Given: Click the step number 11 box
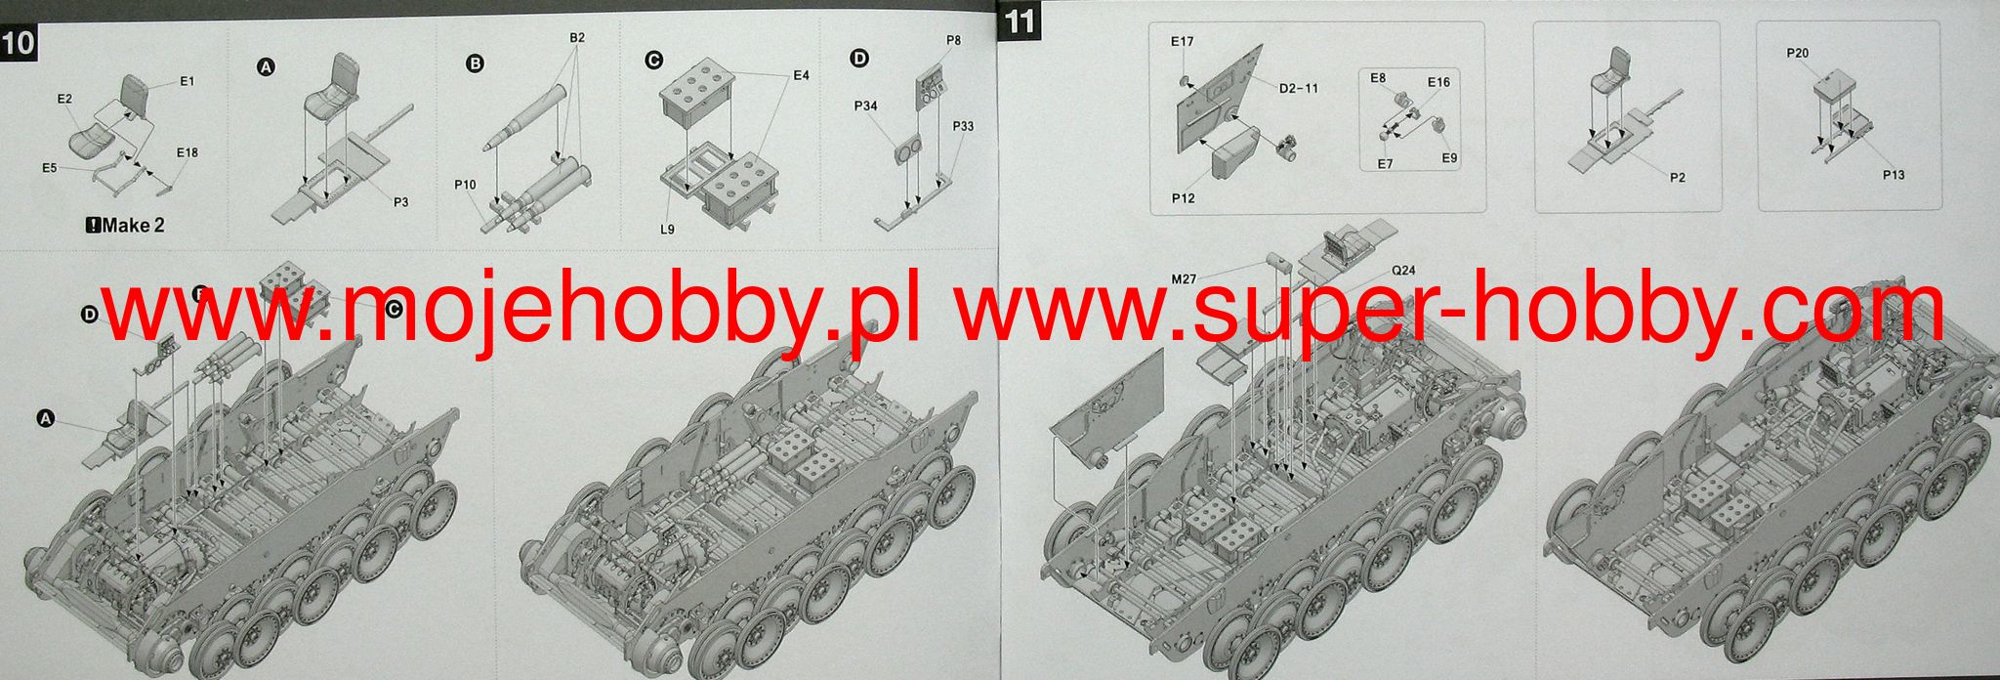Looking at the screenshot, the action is click(x=1019, y=21).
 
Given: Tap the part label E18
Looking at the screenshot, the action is click(x=187, y=152).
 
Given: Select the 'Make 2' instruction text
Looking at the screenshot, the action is click(x=126, y=225).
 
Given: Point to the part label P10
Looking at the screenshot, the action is click(x=465, y=185).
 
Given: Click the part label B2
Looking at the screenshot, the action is click(x=577, y=37).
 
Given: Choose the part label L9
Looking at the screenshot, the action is click(x=667, y=230).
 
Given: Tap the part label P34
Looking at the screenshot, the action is click(x=865, y=106).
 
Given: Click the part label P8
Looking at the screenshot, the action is click(x=954, y=40).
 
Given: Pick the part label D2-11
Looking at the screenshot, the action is click(x=1299, y=88).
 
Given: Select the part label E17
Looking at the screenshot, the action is click(x=1182, y=42).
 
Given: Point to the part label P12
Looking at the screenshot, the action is click(x=1184, y=198).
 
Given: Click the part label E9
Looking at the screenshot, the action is click(x=1449, y=158).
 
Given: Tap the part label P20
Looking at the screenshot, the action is click(x=1798, y=54).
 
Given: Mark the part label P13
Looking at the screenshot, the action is click(x=1894, y=175).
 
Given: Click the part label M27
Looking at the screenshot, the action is click(x=1184, y=279).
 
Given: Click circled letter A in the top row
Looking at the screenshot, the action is click(x=265, y=67).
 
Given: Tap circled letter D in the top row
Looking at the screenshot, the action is click(x=859, y=60).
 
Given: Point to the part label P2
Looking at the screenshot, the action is click(x=1678, y=178).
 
